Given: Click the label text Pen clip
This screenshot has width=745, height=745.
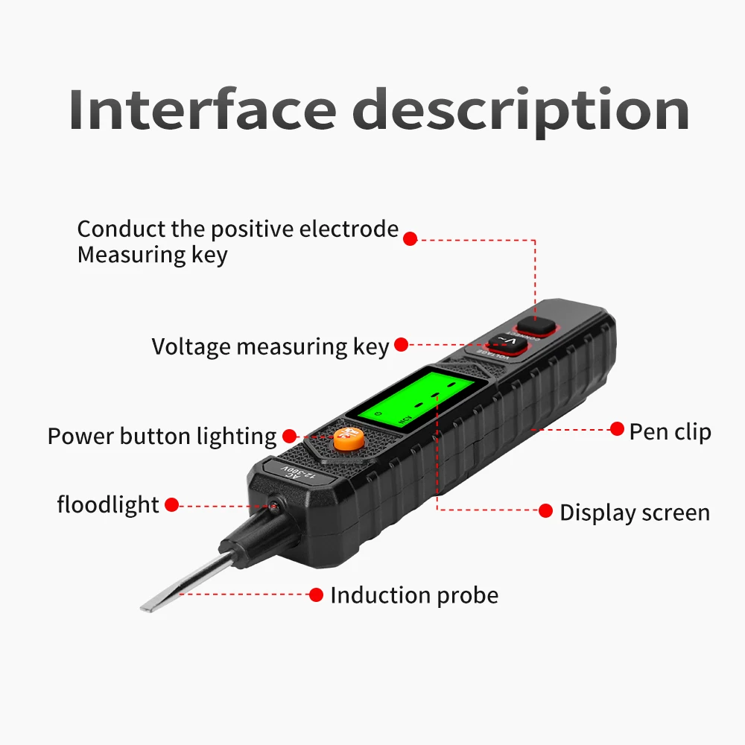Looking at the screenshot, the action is tap(670, 431).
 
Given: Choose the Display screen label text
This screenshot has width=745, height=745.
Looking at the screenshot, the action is tap(635, 513).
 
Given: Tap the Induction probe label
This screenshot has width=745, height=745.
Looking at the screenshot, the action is tap(414, 595).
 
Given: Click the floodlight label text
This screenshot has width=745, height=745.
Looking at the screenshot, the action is tap(108, 505).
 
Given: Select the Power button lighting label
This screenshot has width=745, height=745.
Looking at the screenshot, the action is tap(162, 436).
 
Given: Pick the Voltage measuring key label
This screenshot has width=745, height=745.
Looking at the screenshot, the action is tap(270, 346).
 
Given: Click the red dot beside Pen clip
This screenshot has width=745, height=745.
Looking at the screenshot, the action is tap(617, 428).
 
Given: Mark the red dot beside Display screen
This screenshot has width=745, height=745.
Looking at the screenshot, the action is tap(546, 511).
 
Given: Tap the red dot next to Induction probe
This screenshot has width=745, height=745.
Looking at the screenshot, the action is tap(316, 595).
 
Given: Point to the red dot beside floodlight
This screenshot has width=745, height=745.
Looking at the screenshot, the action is tap(171, 505).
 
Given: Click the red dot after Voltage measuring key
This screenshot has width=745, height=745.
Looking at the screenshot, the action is tap(402, 344).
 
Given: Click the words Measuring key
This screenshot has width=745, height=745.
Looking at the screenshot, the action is tap(152, 255).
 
